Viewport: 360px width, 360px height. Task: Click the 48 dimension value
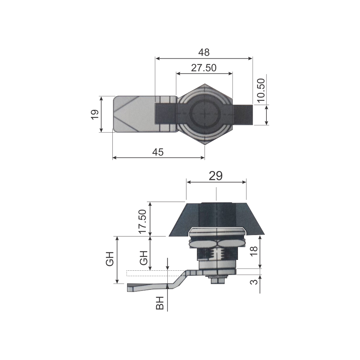coord(204,53)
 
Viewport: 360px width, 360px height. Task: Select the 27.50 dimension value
coord(204,68)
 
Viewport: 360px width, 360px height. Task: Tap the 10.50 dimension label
coord(261,90)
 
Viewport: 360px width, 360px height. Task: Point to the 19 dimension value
coord(95,114)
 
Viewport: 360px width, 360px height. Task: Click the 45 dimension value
coord(158,152)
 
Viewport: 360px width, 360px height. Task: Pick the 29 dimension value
coord(216,176)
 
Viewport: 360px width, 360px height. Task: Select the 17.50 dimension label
coord(143,221)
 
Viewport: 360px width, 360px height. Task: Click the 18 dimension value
coord(254,251)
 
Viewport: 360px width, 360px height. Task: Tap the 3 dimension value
coord(254,282)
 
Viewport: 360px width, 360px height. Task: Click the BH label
coord(160,303)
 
